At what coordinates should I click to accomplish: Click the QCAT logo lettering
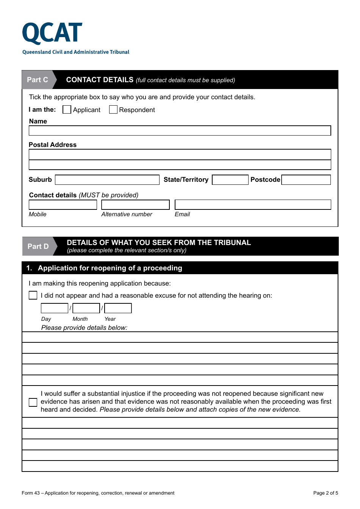click(52, 33)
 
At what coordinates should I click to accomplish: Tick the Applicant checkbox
click(67, 109)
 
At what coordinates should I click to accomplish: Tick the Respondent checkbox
click(113, 109)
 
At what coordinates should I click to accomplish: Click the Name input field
click(180, 131)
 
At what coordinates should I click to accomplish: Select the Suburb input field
click(107, 180)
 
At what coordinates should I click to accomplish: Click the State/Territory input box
click(230, 180)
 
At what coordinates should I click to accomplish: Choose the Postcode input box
click(306, 180)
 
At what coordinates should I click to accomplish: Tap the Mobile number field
click(63, 205)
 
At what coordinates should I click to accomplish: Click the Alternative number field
click(135, 205)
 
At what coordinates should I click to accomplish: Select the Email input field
click(253, 205)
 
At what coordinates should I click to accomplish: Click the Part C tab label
click(38, 80)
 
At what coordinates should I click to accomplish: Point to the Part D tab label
click(38, 247)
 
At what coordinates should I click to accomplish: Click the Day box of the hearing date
click(54, 308)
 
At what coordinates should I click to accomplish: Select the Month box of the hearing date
click(86, 308)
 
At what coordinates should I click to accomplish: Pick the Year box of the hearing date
click(118, 308)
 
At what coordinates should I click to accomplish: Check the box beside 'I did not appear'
click(33, 295)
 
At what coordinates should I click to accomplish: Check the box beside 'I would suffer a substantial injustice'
click(33, 402)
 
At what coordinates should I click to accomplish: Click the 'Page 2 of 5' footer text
click(326, 493)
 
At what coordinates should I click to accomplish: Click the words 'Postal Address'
click(53, 145)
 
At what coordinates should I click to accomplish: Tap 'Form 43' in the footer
click(31, 493)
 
